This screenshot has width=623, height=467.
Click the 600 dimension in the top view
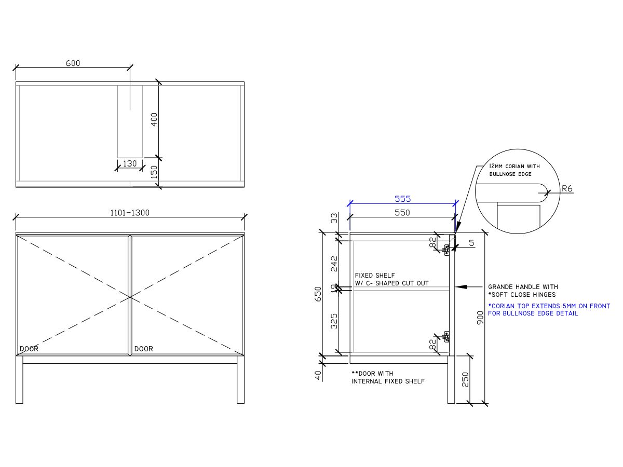click(x=73, y=63)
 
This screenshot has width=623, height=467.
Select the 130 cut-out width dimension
click(x=129, y=163)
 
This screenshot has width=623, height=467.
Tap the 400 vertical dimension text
click(x=154, y=120)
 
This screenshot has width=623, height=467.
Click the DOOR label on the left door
click(x=29, y=349)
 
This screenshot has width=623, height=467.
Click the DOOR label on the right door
click(x=144, y=349)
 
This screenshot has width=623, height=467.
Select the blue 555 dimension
click(x=402, y=199)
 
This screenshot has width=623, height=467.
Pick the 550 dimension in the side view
click(x=402, y=212)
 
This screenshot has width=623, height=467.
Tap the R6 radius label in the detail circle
click(x=567, y=189)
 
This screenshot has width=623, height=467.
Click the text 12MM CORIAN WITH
click(x=514, y=166)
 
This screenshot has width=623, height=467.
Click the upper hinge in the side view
click(x=446, y=250)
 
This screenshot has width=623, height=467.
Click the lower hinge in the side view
click(x=446, y=337)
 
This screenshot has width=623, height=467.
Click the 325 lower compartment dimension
click(x=334, y=321)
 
